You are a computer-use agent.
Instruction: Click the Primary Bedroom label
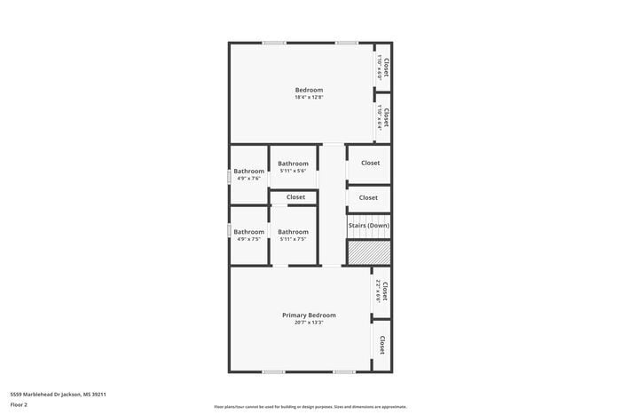click(x=309, y=315)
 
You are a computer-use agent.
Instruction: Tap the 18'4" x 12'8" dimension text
click(x=309, y=97)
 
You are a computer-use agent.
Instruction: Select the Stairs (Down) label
click(x=368, y=226)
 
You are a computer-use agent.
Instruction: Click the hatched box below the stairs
click(x=368, y=252)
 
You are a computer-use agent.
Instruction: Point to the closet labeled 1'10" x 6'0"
click(x=383, y=68)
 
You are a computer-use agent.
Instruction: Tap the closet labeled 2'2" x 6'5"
click(x=381, y=291)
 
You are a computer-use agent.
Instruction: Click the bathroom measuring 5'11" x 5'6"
click(x=293, y=167)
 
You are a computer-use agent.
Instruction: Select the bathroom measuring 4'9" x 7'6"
click(x=248, y=174)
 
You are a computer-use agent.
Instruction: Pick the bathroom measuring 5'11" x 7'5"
click(x=293, y=235)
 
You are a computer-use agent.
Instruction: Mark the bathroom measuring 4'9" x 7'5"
click(x=248, y=235)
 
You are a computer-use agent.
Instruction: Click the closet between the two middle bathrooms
click(x=295, y=197)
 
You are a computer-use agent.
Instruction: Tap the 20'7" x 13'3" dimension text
click(x=309, y=323)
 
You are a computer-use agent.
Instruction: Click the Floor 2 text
click(x=19, y=404)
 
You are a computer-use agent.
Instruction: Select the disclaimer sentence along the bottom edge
click(x=310, y=406)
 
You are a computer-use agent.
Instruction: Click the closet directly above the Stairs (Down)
click(x=368, y=197)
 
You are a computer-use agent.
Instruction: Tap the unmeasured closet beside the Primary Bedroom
click(x=382, y=345)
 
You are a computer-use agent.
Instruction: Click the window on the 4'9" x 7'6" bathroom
click(x=230, y=177)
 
